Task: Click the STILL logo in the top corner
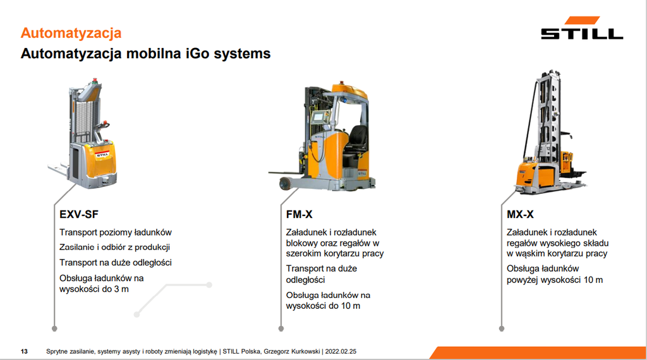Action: coord(582,28)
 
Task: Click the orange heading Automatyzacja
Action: coord(71,33)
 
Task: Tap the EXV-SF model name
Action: coord(79,215)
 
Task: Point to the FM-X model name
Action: coord(299,215)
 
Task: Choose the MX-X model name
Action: coord(520,215)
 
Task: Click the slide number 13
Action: coord(25,352)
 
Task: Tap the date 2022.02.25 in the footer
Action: coord(341,352)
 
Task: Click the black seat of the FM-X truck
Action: coord(356,142)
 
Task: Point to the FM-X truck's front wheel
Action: coord(284,184)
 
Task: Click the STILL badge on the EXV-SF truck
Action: coord(102,155)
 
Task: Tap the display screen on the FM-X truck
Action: coord(318,117)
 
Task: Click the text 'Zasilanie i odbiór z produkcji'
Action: coord(115,248)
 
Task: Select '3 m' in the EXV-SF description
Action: coord(121,289)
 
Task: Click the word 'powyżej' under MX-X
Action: coord(522,280)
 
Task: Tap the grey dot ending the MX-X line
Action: coord(501,328)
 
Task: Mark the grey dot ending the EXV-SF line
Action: coord(54,328)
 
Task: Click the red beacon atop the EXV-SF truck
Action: coord(95,80)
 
